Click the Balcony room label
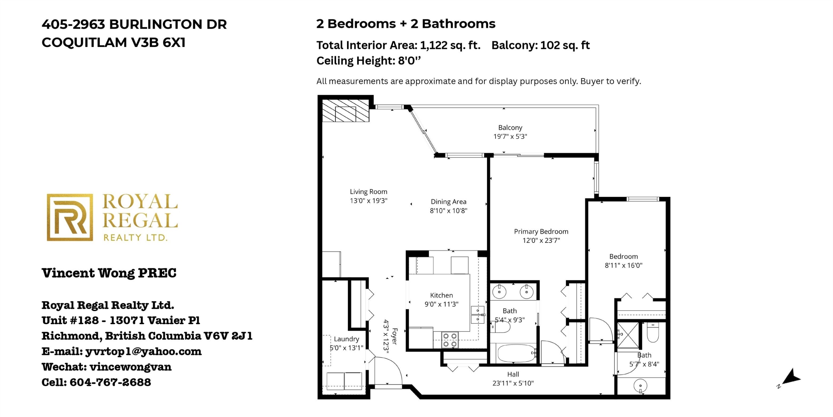510,128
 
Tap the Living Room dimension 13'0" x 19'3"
368,201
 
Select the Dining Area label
448,202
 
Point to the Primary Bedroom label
541,232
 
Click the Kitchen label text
441,295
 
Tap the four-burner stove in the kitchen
450,340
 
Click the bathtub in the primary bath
516,353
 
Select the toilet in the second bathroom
653,332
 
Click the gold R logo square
70,217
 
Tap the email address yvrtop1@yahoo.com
143,351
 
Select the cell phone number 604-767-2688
110,382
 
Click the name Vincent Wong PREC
109,273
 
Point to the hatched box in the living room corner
346,110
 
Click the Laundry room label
346,339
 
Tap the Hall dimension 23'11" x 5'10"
513,383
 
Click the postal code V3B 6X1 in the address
158,43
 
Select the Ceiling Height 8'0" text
369,61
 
